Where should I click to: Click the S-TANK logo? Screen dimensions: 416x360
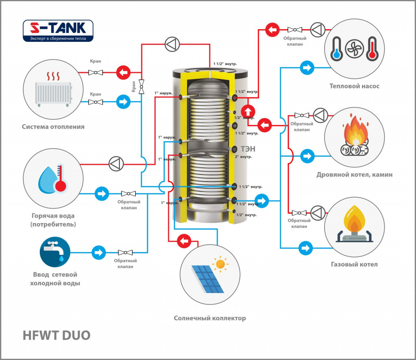click(58, 31)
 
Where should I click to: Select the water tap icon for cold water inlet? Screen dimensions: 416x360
click(55, 252)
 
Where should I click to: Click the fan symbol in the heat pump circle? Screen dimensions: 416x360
click(354, 49)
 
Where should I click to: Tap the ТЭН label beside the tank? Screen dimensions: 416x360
click(248, 149)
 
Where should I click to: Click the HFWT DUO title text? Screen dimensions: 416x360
click(56, 335)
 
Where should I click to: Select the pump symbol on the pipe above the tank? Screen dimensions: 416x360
click(172, 44)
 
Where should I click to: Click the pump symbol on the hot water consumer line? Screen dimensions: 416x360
click(116, 164)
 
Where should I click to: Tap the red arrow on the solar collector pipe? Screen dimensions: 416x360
click(184, 241)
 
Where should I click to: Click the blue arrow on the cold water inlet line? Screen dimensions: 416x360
click(99, 252)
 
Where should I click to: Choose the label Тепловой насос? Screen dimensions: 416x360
click(354, 86)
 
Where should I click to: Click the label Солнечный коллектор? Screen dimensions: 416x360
click(210, 318)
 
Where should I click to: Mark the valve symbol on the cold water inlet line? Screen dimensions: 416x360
click(125, 252)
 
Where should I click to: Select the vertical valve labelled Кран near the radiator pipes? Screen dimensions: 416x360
click(141, 87)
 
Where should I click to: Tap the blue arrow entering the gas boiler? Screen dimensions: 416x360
click(305, 248)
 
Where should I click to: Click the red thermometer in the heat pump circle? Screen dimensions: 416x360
click(372, 49)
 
